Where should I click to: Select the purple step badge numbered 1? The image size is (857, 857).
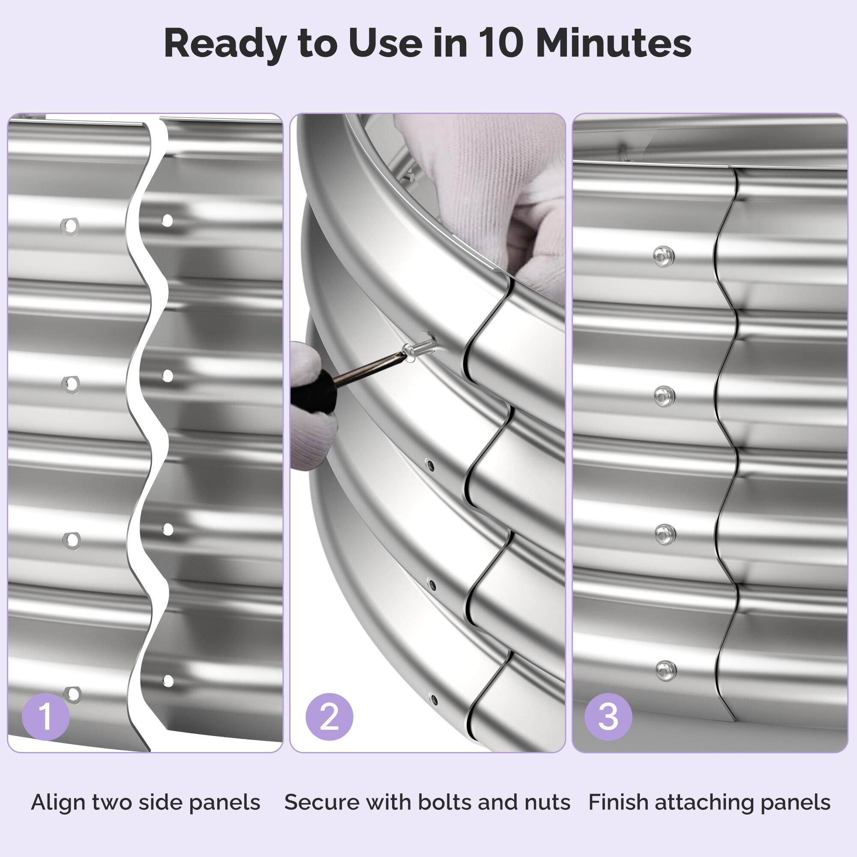pyautogui.click(x=46, y=716)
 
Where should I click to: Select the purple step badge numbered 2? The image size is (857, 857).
pyautogui.click(x=329, y=716)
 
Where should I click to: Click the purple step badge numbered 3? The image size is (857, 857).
pyautogui.click(x=608, y=716)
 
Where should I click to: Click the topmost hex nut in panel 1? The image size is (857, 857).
pyautogui.click(x=70, y=226)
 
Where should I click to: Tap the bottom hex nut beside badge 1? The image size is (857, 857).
pyautogui.click(x=72, y=694)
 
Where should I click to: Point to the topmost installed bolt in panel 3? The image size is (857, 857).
pyautogui.click(x=664, y=256)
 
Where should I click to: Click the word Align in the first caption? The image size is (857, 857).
pyautogui.click(x=59, y=803)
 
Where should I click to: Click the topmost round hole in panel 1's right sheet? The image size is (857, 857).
pyautogui.click(x=167, y=220)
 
